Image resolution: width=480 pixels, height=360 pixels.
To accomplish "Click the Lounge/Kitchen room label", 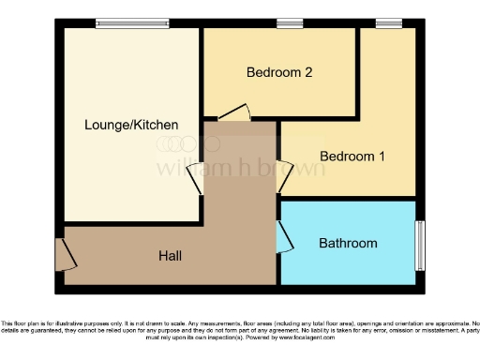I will pyautogui.click(x=131, y=125).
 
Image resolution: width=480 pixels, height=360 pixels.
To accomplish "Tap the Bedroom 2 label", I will pyautogui.click(x=278, y=72).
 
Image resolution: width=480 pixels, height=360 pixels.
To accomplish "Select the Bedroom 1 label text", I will pyautogui.click(x=352, y=156).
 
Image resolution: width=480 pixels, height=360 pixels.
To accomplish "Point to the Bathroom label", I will pyautogui.click(x=348, y=244).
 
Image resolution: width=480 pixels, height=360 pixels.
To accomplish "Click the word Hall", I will pyautogui.click(x=170, y=256).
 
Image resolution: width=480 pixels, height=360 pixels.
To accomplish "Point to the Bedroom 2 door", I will pyautogui.click(x=235, y=112).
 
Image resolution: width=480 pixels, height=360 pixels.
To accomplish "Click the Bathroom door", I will pyautogui.click(x=283, y=236).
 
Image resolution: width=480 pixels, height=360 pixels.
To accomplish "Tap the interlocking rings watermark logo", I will pyautogui.click(x=187, y=144).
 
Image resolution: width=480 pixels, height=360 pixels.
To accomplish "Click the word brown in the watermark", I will pyautogui.click(x=294, y=169).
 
